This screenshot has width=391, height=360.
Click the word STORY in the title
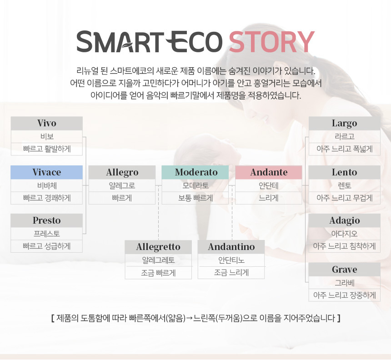pos(271,42)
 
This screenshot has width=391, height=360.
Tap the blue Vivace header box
pos(47,172)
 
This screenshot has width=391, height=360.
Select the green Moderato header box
pos(195,172)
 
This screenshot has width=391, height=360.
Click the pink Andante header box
pos(269,172)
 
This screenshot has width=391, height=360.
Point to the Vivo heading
pos(47,123)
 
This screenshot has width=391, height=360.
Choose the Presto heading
pos(47,220)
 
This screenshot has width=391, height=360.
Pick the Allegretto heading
pos(158,247)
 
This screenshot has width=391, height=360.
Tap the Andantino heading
pos(231,247)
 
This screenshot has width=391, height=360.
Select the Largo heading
pos(344,123)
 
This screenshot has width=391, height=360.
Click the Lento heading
pos(344,172)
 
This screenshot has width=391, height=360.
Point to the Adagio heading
pos(344,221)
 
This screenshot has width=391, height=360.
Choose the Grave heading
pos(344,270)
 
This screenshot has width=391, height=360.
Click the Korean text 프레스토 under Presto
pos(47,234)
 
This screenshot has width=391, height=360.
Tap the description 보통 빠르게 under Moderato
pos(195,198)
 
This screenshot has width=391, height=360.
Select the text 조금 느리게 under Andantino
pos(231,273)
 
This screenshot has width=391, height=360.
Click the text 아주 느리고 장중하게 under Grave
pos(344,295)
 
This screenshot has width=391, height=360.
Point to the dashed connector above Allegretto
pos(158,213)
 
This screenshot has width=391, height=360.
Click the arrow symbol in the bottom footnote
pos(189,318)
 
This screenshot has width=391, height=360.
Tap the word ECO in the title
pos(194,42)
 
